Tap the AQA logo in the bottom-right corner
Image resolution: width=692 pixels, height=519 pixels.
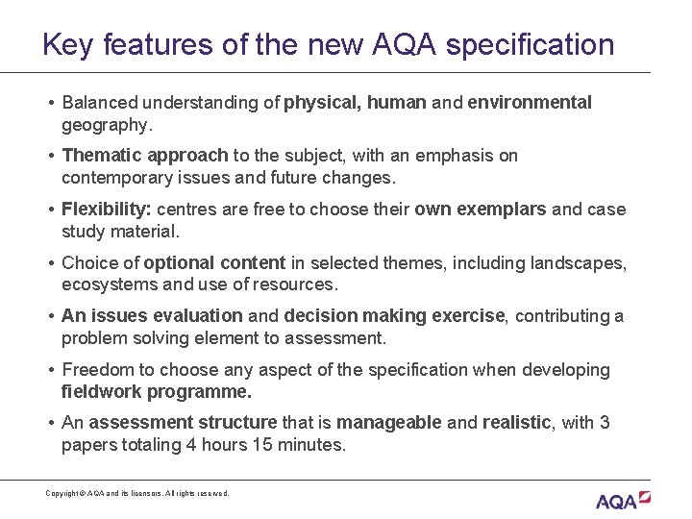point(622,500)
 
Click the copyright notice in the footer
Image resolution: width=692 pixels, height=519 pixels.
point(137,493)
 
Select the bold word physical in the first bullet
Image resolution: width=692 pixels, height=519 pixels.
point(321,103)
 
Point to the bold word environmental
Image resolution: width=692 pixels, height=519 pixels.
point(530,103)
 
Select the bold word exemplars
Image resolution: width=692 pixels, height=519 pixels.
point(510,210)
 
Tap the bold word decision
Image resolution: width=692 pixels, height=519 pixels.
point(319,316)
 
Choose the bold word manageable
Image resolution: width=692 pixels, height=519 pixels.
point(388,423)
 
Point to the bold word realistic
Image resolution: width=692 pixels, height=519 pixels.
point(517,423)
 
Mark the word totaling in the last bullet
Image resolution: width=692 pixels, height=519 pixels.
point(149,445)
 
